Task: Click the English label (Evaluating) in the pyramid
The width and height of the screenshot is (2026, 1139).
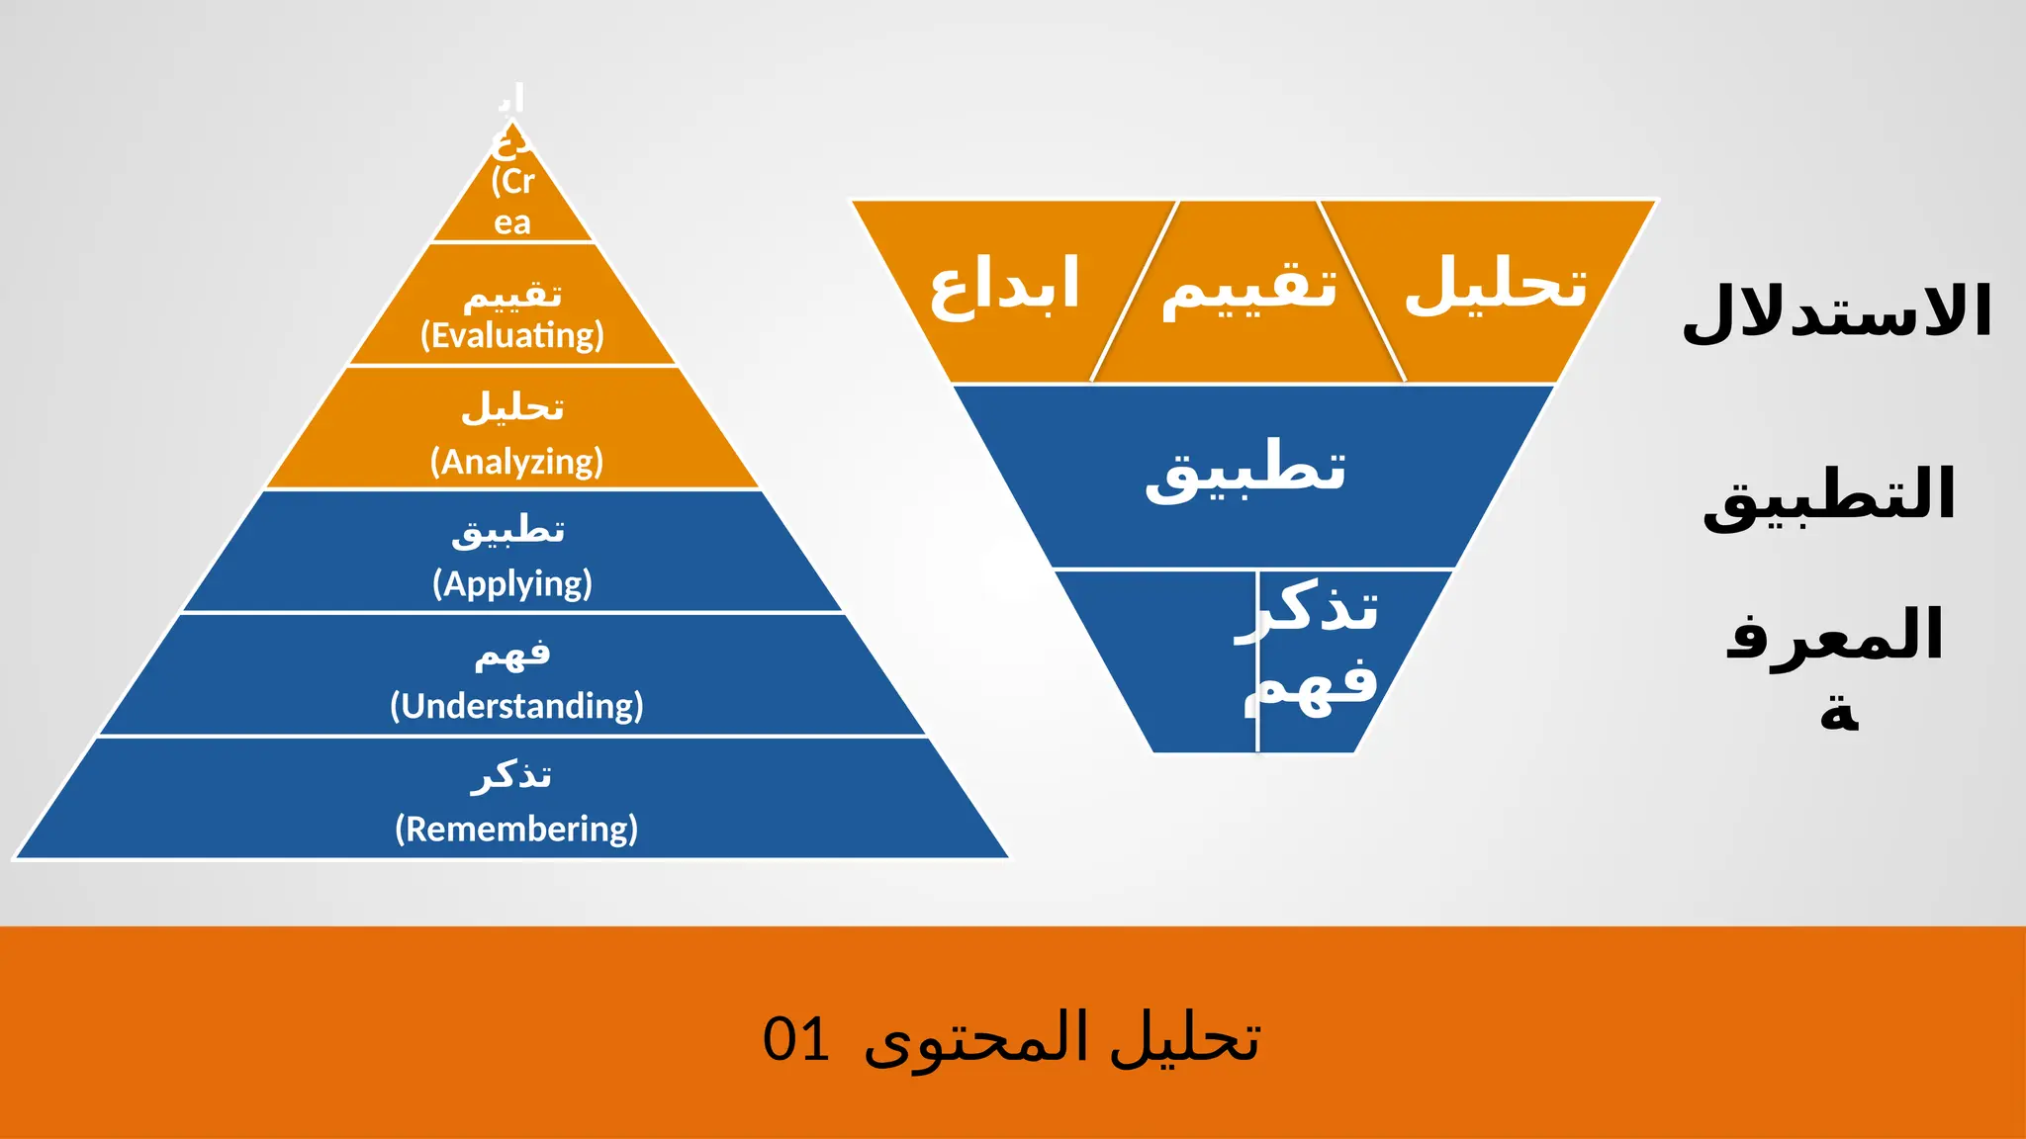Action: (512, 336)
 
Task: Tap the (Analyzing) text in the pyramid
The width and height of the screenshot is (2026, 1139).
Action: (516, 462)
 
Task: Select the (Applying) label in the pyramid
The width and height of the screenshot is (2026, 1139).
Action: (512, 583)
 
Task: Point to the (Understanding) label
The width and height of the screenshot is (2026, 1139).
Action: (516, 706)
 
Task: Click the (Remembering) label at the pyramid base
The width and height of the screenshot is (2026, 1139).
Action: (516, 829)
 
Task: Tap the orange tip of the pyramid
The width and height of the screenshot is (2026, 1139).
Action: (512, 193)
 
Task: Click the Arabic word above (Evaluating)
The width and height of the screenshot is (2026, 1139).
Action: (512, 294)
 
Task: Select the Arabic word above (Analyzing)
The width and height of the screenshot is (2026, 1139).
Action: (512, 406)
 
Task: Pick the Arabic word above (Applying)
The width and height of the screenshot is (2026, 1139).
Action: (508, 531)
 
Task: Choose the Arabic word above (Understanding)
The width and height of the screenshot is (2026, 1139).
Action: (512, 654)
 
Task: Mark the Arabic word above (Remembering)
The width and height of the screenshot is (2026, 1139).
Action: (510, 775)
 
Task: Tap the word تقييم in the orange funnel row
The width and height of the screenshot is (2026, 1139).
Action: (1249, 287)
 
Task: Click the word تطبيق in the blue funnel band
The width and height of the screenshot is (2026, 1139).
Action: (1245, 470)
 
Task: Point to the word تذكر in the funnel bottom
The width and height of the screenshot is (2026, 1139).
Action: (1308, 608)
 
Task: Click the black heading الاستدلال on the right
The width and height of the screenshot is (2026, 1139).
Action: (1837, 312)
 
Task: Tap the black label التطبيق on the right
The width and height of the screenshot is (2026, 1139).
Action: (1829, 494)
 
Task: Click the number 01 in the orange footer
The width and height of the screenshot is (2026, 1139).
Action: (796, 1040)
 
